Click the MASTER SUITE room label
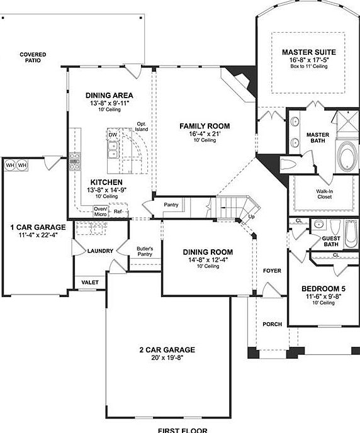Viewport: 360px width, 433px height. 308,52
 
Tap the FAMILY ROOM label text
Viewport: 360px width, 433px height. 205,126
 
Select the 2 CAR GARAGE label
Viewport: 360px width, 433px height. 167,350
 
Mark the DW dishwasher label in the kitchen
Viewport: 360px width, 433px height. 113,135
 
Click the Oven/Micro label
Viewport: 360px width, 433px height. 101,211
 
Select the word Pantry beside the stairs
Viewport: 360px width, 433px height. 171,205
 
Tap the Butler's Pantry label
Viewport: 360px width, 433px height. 145,251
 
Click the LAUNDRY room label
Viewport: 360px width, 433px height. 101,251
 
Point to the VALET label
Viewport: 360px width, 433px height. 91,283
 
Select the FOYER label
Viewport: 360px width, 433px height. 272,271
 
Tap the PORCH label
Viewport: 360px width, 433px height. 272,324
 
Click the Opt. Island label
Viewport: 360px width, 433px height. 141,127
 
